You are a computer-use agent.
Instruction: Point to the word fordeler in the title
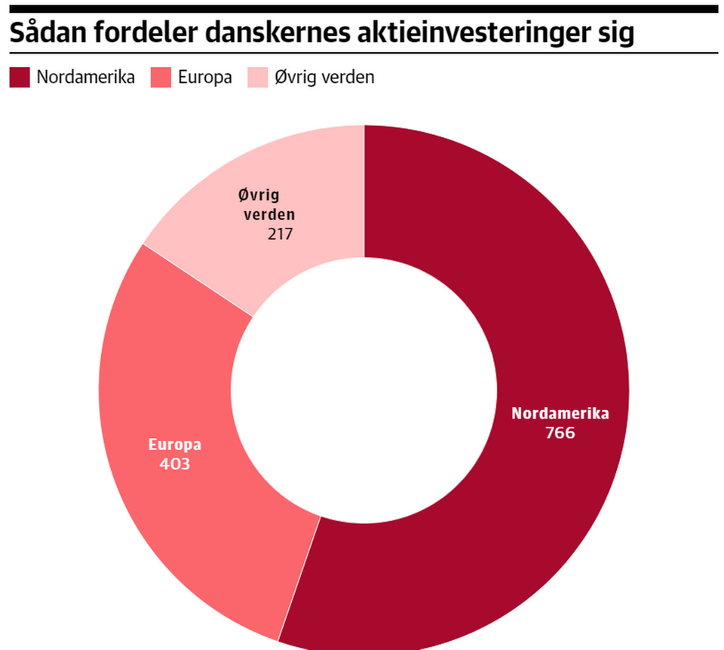[143, 35]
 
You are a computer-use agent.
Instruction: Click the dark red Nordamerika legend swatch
[20, 77]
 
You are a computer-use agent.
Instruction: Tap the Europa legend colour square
[161, 77]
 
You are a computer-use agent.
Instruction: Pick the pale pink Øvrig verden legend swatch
[258, 77]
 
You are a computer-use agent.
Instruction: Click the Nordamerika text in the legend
[86, 77]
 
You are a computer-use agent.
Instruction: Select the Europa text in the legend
[204, 77]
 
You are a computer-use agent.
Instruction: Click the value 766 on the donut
[560, 433]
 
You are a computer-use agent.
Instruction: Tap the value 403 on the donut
[175, 464]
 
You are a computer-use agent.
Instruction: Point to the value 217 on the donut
[280, 234]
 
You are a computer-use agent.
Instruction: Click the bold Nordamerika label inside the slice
[560, 413]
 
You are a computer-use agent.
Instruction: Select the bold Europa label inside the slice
[175, 444]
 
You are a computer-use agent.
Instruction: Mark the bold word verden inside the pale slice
[268, 214]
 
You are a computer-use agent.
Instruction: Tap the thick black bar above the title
[362, 9]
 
